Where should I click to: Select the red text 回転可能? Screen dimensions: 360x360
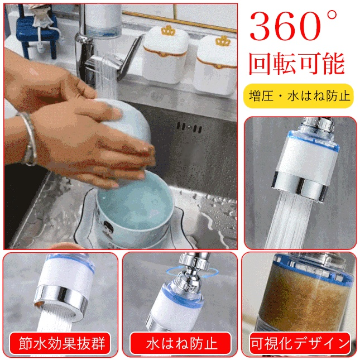click(x=296, y=64)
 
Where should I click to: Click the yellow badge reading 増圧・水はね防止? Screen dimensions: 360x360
click(x=300, y=95)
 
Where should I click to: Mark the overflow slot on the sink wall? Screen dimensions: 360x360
click(x=190, y=128)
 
